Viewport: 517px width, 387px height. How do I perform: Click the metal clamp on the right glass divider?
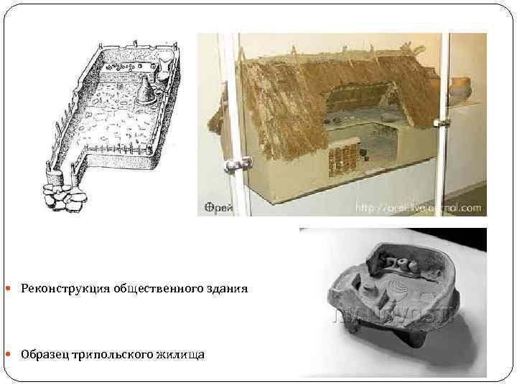442,124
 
